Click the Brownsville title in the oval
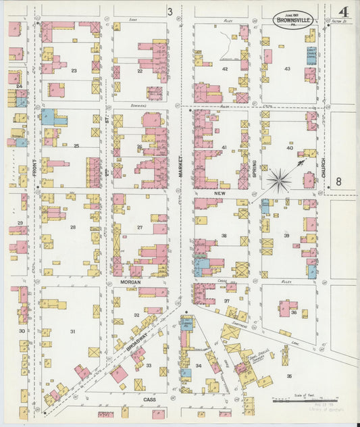[x=293, y=20]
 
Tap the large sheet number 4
[x=343, y=13]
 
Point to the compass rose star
[x=278, y=180]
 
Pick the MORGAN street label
[x=130, y=281]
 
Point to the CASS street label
[x=151, y=399]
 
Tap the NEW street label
[x=219, y=193]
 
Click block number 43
[x=287, y=69]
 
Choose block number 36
[x=294, y=313]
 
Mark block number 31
[x=72, y=331]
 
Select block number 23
[x=74, y=70]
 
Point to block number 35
[x=289, y=376]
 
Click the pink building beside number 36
[x=284, y=308]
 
